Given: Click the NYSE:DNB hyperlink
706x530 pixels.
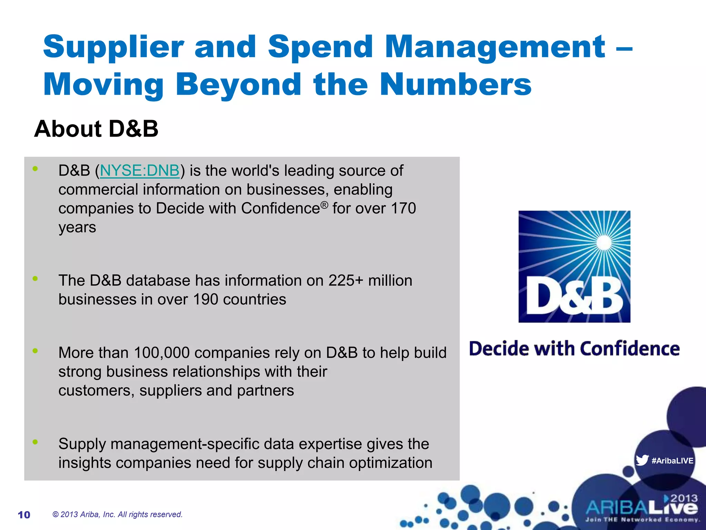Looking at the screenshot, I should point(140,171).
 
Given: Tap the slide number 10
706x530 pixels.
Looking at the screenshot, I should point(24,515).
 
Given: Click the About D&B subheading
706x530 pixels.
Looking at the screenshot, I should point(96,129).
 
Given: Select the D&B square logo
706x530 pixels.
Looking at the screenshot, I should point(574,266).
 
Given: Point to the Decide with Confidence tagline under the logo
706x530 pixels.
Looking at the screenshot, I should point(574,349).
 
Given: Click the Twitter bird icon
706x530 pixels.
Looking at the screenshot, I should point(642,460).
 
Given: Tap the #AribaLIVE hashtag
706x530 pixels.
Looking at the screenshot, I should point(672,461).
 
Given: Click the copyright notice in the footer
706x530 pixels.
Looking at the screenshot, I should point(117,514).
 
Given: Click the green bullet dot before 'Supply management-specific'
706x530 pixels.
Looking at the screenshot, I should point(35,442).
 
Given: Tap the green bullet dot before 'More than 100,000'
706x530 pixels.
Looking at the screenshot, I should point(35,351).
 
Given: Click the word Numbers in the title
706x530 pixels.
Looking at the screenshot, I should point(455,84).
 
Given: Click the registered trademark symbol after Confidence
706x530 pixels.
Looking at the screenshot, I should point(324,205).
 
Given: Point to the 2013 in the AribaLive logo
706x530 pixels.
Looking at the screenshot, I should point(684,498).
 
